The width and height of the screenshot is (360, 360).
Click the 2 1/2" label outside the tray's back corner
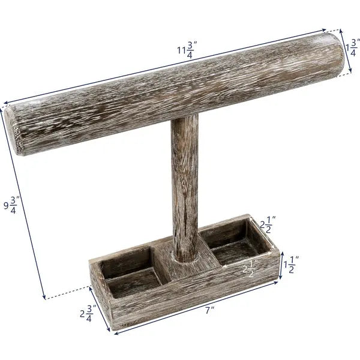(267, 226)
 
